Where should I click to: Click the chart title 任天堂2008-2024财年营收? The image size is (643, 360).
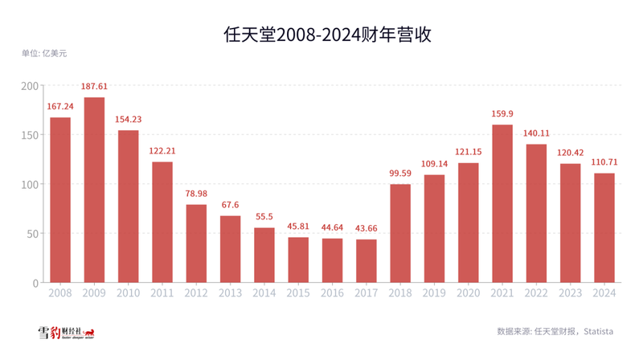(321, 34)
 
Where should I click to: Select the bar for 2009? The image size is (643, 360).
(94, 190)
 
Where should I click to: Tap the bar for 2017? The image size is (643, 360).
(366, 261)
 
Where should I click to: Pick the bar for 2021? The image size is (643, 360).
(502, 203)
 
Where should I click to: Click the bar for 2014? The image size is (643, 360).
(264, 255)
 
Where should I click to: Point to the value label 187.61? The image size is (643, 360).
(94, 86)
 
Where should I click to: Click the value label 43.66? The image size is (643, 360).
(366, 228)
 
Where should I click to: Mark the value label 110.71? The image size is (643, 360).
(604, 162)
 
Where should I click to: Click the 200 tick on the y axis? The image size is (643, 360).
(29, 85)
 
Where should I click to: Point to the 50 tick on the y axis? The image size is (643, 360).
(31, 234)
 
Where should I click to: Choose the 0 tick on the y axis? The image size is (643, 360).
(35, 283)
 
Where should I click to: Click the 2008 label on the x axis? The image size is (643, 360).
(60, 294)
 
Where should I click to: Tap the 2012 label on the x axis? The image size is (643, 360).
(196, 294)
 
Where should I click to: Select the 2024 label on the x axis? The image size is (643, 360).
(604, 294)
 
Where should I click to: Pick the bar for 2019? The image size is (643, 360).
(434, 228)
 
